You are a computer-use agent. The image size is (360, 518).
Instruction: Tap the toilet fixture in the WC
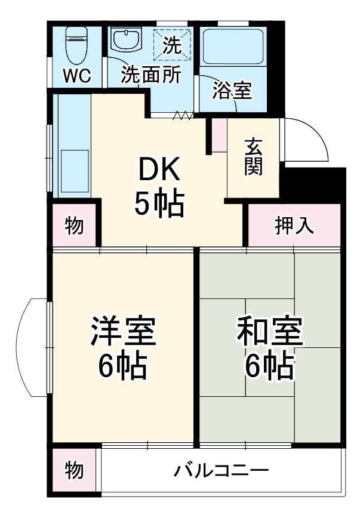coord(76,45)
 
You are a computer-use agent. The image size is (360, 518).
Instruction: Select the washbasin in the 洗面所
coord(126,41)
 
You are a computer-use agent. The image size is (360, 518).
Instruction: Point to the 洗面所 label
coord(152,76)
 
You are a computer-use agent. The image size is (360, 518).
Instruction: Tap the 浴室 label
coord(233,91)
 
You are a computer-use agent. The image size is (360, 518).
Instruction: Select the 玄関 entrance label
coord(254,157)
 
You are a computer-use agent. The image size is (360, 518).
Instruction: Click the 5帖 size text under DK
coord(158,205)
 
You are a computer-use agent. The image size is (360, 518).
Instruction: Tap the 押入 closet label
coord(293,226)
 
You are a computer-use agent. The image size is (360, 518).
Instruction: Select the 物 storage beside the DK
coord(74,226)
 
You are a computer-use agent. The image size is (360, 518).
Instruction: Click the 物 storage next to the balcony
coord(74,471)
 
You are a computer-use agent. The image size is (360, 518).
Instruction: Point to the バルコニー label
coord(221,471)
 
